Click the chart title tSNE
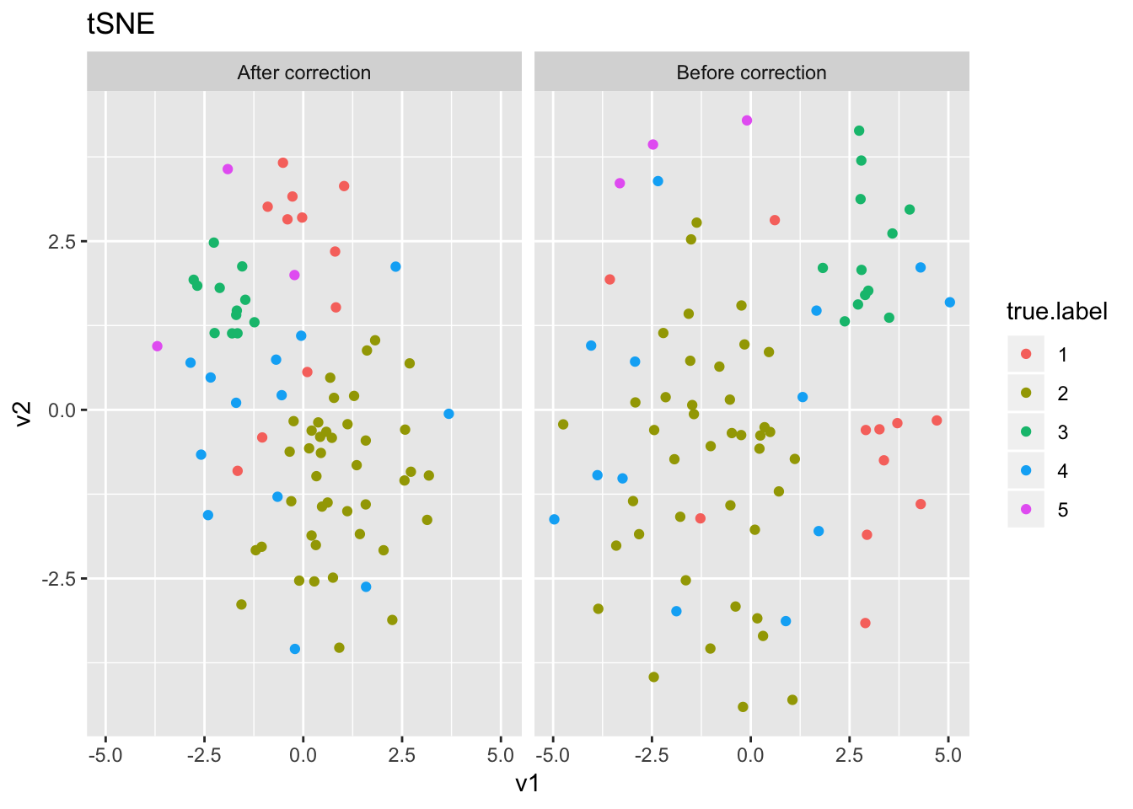[x=121, y=24]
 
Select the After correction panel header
[x=303, y=72]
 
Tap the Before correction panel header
[x=751, y=72]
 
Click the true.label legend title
[x=1056, y=312]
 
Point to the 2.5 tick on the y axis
[x=65, y=242]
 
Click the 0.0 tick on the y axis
[x=65, y=410]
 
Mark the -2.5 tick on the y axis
[x=62, y=580]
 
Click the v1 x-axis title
[x=528, y=784]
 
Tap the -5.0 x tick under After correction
[x=105, y=755]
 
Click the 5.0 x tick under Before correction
[x=948, y=755]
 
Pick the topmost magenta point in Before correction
[x=747, y=121]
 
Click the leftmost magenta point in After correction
[x=157, y=346]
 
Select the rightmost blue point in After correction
[x=448, y=414]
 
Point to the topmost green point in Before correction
[x=859, y=131]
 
